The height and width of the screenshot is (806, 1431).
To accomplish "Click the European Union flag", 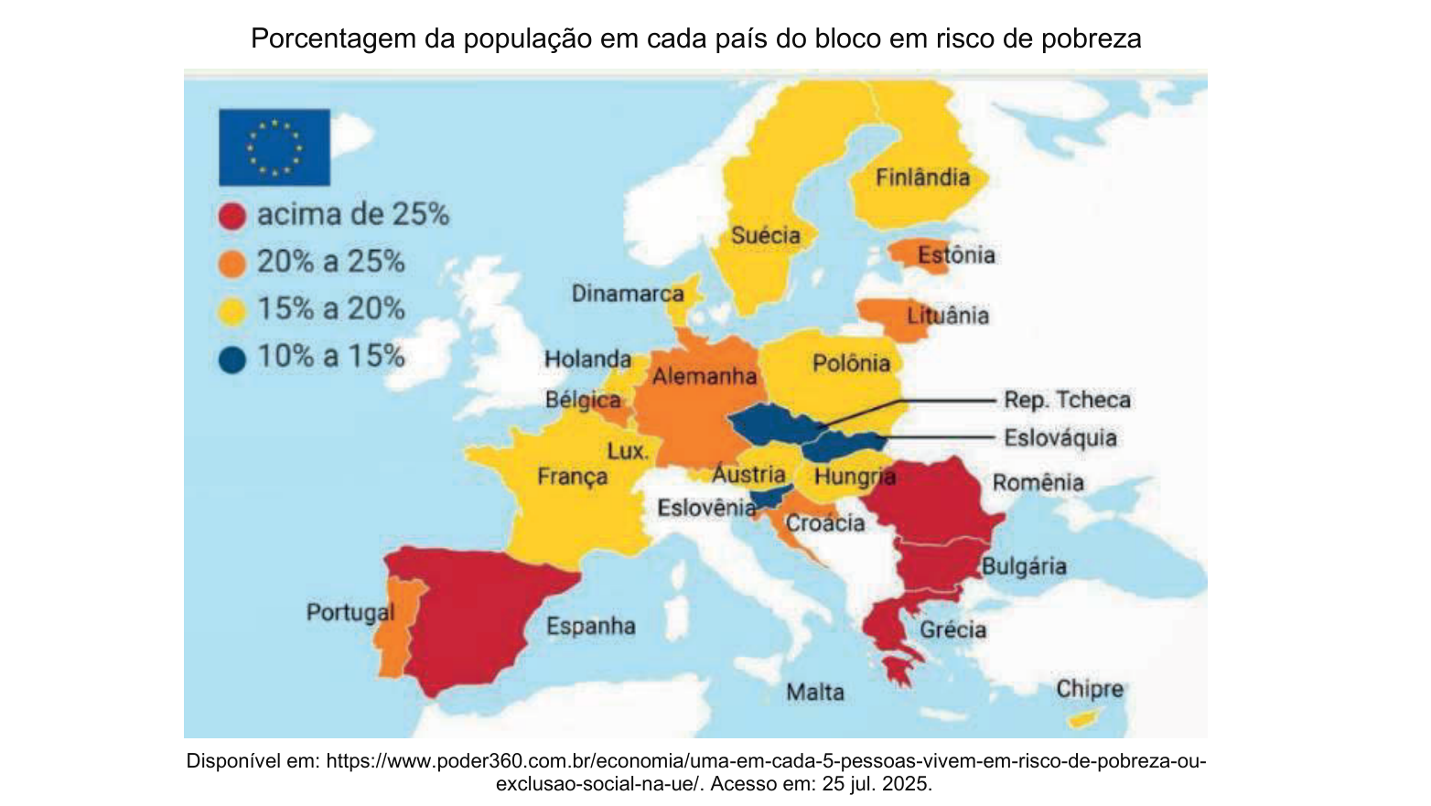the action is click(x=274, y=147).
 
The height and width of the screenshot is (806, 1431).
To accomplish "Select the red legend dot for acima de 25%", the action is click(x=231, y=216).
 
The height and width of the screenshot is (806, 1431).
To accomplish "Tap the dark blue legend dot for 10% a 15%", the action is click(x=231, y=359).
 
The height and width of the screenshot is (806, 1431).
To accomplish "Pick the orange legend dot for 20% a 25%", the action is click(x=231, y=263).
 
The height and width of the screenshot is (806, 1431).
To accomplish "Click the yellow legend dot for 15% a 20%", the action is click(x=231, y=312).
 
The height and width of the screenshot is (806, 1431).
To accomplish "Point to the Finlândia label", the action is click(x=922, y=177).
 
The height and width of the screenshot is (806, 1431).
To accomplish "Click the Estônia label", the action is click(x=956, y=255).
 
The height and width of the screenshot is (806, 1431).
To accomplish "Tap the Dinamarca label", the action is click(x=628, y=294).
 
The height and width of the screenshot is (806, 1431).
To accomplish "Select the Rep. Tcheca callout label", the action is click(x=1067, y=400).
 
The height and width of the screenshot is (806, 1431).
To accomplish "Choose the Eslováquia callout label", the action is click(x=1060, y=438).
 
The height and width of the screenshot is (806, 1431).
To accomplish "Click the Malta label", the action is click(x=815, y=693).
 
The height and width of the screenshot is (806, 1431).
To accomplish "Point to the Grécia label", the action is click(x=952, y=630).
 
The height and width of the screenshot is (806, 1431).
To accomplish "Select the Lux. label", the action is click(x=628, y=452).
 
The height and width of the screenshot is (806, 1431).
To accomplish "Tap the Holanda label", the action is click(x=587, y=359).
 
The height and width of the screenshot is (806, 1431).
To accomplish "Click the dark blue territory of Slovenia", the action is click(x=769, y=496).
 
